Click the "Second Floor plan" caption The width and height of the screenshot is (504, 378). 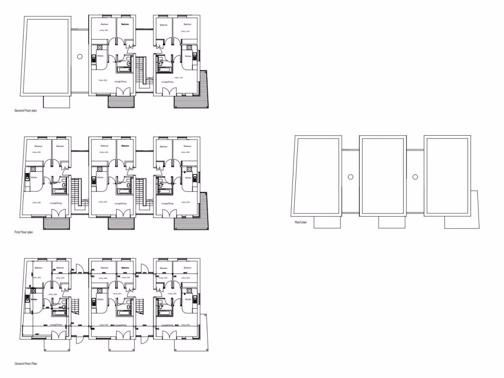pos(26,111)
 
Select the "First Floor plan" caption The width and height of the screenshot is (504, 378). pos(24,232)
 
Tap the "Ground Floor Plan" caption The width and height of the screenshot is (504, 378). pos(26,364)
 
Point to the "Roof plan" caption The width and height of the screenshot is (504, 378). pos(301,222)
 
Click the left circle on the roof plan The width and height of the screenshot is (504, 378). pos(350,177)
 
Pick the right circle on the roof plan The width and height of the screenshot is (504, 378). pos(415,177)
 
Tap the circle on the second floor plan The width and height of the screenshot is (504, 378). pos(80,57)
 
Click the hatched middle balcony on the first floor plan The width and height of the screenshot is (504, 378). pos(121,223)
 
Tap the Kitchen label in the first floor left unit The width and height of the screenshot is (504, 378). pos(34,177)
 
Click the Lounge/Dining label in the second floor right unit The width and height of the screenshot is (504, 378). pos(167,82)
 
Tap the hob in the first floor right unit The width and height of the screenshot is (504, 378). pos(188,170)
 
